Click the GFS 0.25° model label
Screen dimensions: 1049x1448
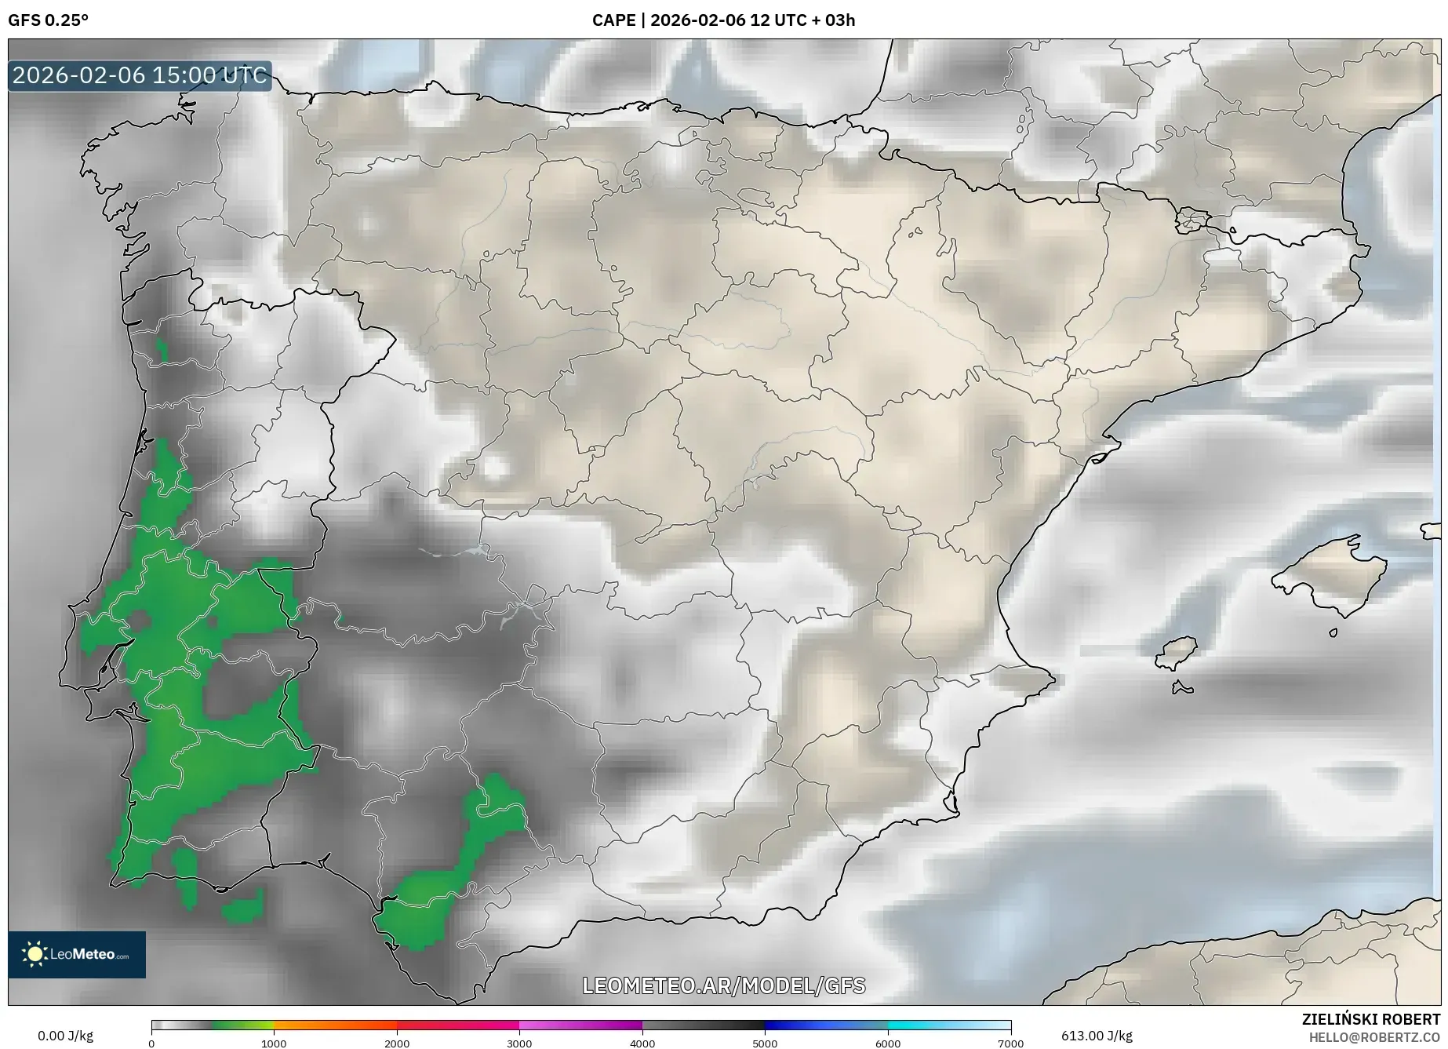pos(48,20)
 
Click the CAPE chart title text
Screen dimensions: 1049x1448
pos(723,20)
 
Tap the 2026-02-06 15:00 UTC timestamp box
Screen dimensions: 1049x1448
pos(140,76)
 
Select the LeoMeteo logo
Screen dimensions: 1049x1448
pos(77,954)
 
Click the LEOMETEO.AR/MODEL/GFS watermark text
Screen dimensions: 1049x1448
pos(723,985)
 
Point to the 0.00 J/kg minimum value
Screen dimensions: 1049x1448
pos(65,1036)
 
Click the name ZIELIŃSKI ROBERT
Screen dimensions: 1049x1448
pos(1371,1019)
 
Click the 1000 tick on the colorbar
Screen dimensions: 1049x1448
pos(274,1043)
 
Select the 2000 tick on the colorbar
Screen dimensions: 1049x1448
pos(397,1043)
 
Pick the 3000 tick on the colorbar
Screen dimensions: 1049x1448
pos(519,1043)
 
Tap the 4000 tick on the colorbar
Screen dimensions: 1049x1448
pos(642,1043)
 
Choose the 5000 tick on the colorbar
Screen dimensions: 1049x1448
pos(765,1043)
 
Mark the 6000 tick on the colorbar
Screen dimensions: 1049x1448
pos(888,1043)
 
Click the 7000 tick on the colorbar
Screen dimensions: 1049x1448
pos(1010,1043)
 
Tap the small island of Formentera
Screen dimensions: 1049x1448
pos(1182,688)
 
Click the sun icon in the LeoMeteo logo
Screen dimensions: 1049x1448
pos(35,954)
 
